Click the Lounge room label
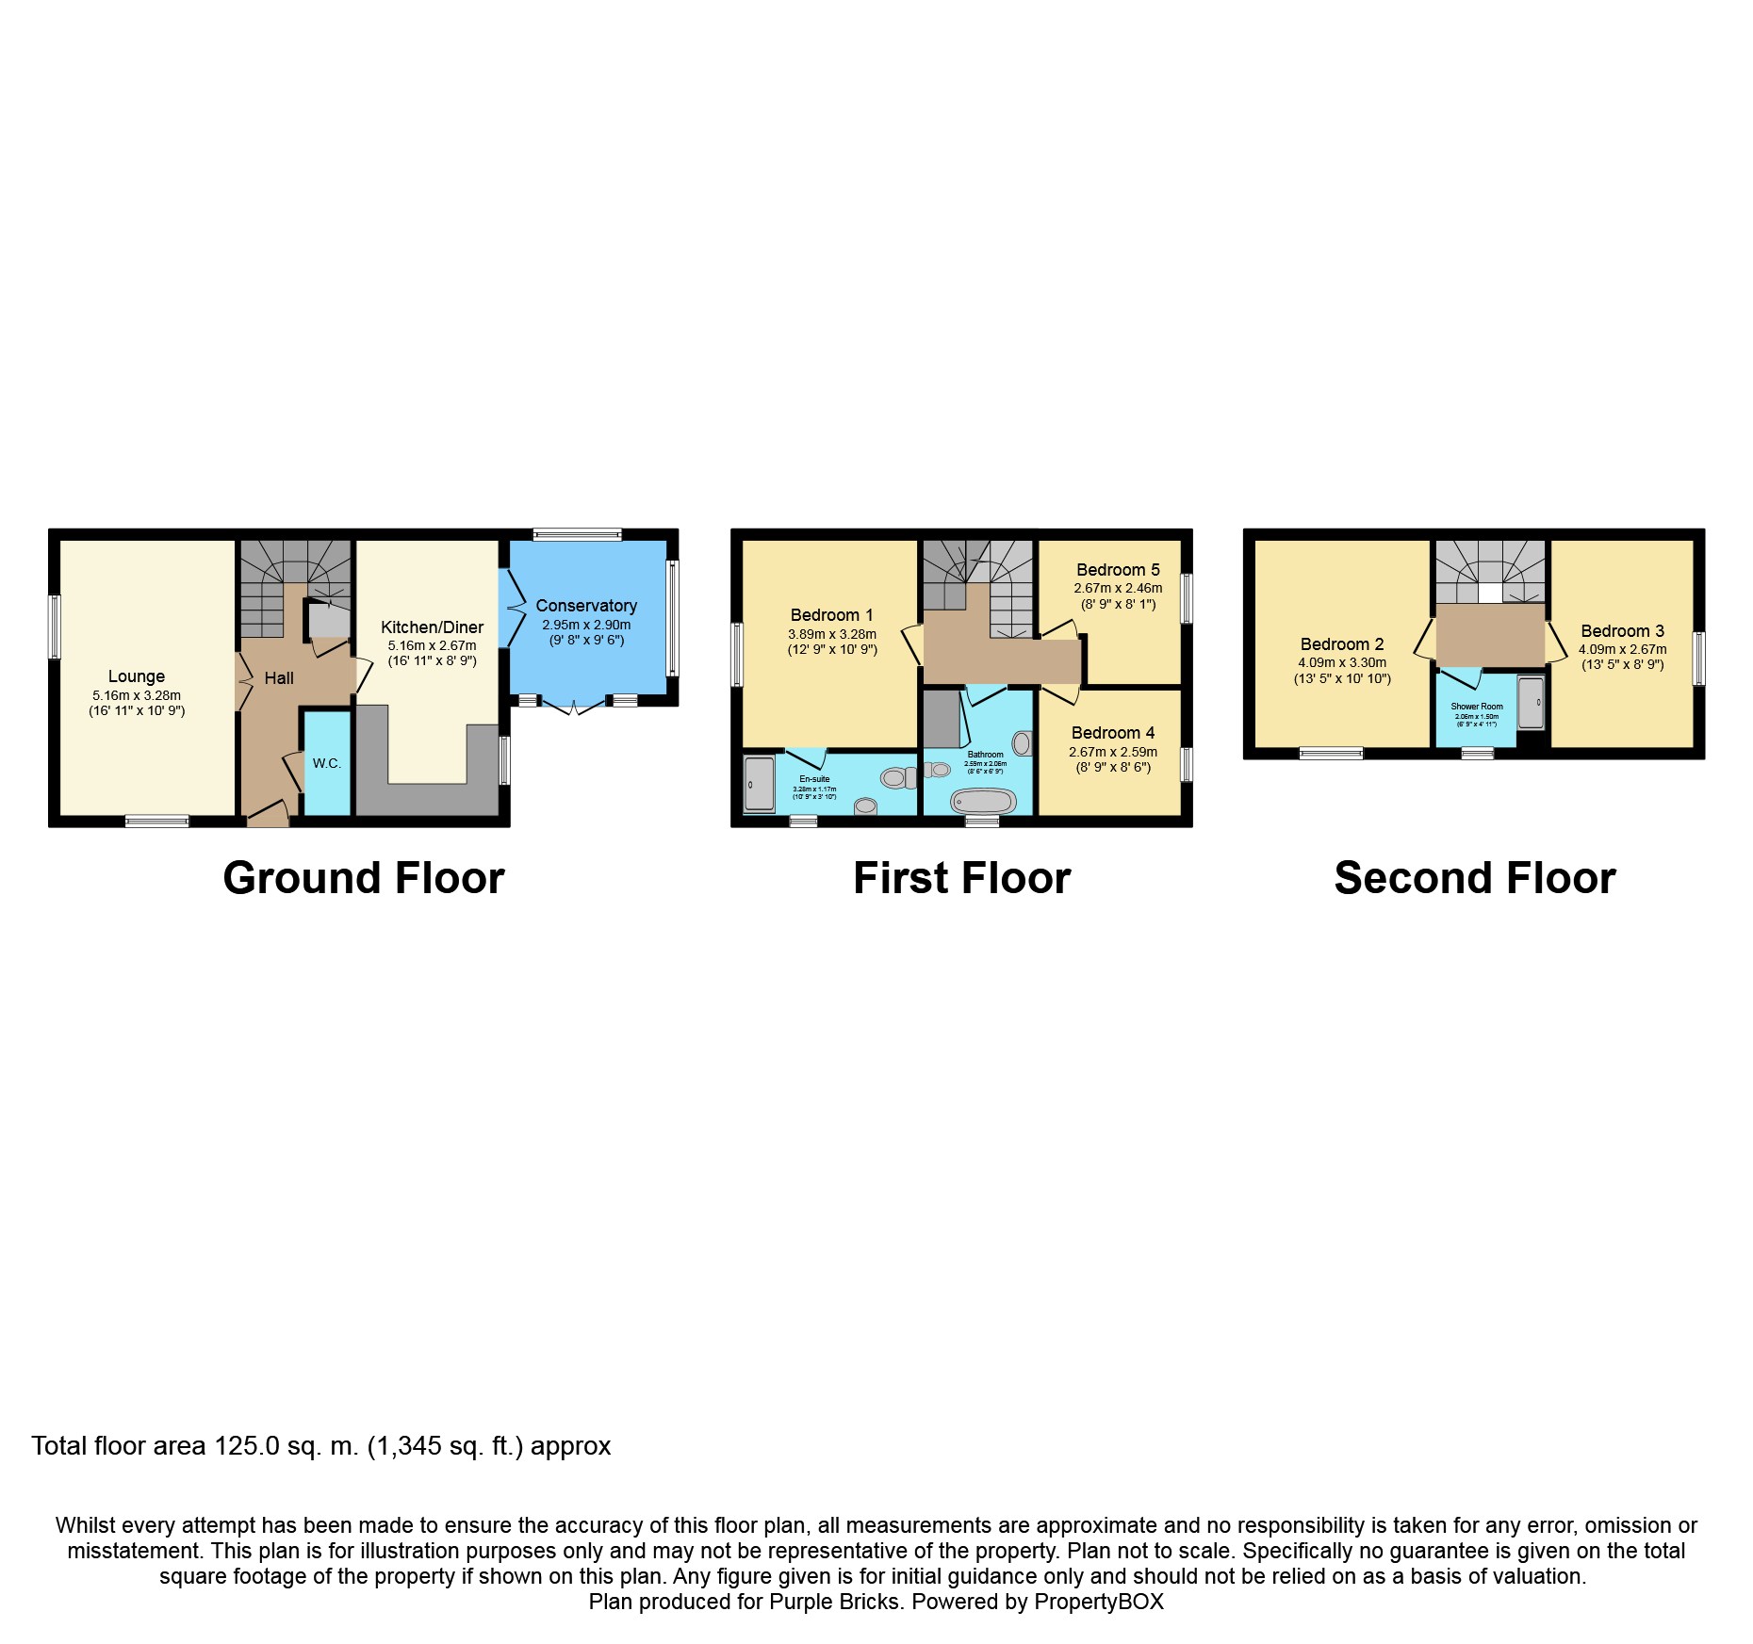click(137, 676)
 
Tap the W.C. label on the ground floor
click(327, 763)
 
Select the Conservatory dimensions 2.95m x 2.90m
click(586, 625)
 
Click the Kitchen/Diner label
click(432, 627)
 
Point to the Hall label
click(279, 678)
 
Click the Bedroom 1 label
click(831, 615)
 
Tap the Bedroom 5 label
click(1118, 570)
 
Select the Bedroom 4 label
click(1112, 733)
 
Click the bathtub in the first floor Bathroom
click(983, 802)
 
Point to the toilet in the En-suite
click(897, 778)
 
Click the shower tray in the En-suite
click(759, 784)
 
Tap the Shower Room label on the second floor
click(1477, 707)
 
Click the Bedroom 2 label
click(1342, 644)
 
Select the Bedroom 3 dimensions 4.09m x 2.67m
click(1622, 649)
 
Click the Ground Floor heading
click(364, 878)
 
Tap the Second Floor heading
click(1475, 878)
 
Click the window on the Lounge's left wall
click(55, 627)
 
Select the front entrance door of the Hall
click(269, 816)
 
